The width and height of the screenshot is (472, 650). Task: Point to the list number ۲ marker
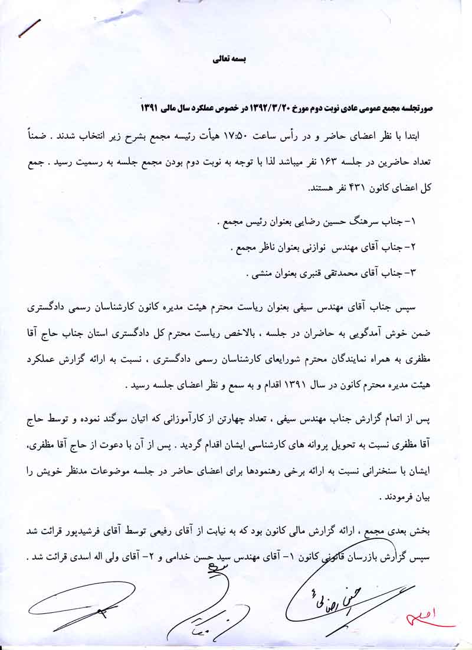tap(414, 247)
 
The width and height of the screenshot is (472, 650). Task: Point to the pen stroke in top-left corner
tap(29, 28)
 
